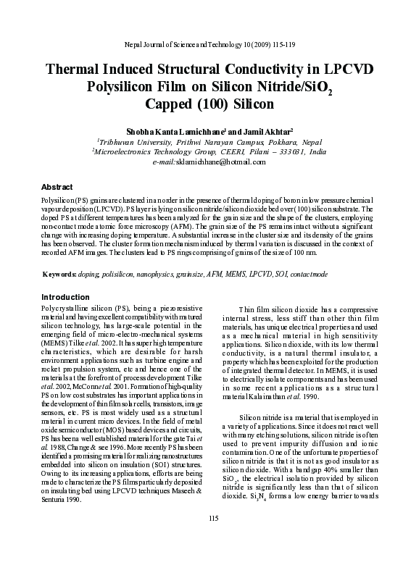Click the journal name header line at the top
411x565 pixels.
click(x=205, y=44)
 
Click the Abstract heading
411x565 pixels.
click(x=57, y=187)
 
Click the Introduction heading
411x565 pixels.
click(x=65, y=297)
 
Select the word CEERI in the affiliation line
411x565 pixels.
click(x=234, y=152)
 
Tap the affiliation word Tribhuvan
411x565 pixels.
click(x=119, y=142)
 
